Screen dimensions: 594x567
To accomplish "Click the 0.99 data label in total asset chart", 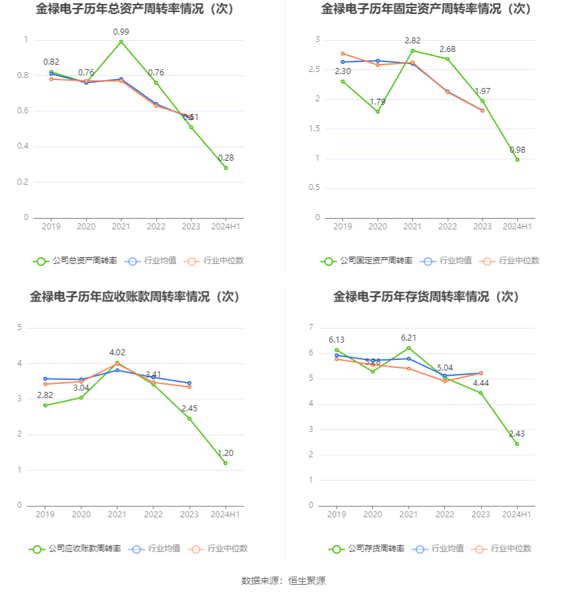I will [121, 32].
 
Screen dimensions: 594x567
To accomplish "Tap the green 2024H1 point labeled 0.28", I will [225, 168].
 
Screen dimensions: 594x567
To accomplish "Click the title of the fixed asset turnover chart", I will [426, 9].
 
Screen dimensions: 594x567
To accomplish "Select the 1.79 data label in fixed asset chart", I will [378, 102].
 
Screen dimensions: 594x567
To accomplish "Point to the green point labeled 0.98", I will [517, 159].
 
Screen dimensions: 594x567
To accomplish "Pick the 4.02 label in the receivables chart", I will [117, 353].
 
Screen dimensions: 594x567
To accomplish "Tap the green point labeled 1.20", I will [225, 463].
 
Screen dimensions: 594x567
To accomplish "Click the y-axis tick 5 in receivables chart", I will [20, 327].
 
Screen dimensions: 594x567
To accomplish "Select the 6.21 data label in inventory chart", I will [408, 338].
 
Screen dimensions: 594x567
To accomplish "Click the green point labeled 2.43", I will [517, 444].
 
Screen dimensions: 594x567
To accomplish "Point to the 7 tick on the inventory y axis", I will [312, 327].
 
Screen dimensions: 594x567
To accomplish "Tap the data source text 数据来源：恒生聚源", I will [283, 581].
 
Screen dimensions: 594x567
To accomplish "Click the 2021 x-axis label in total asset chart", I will [121, 227].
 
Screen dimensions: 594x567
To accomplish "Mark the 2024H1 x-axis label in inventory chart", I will [517, 515].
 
